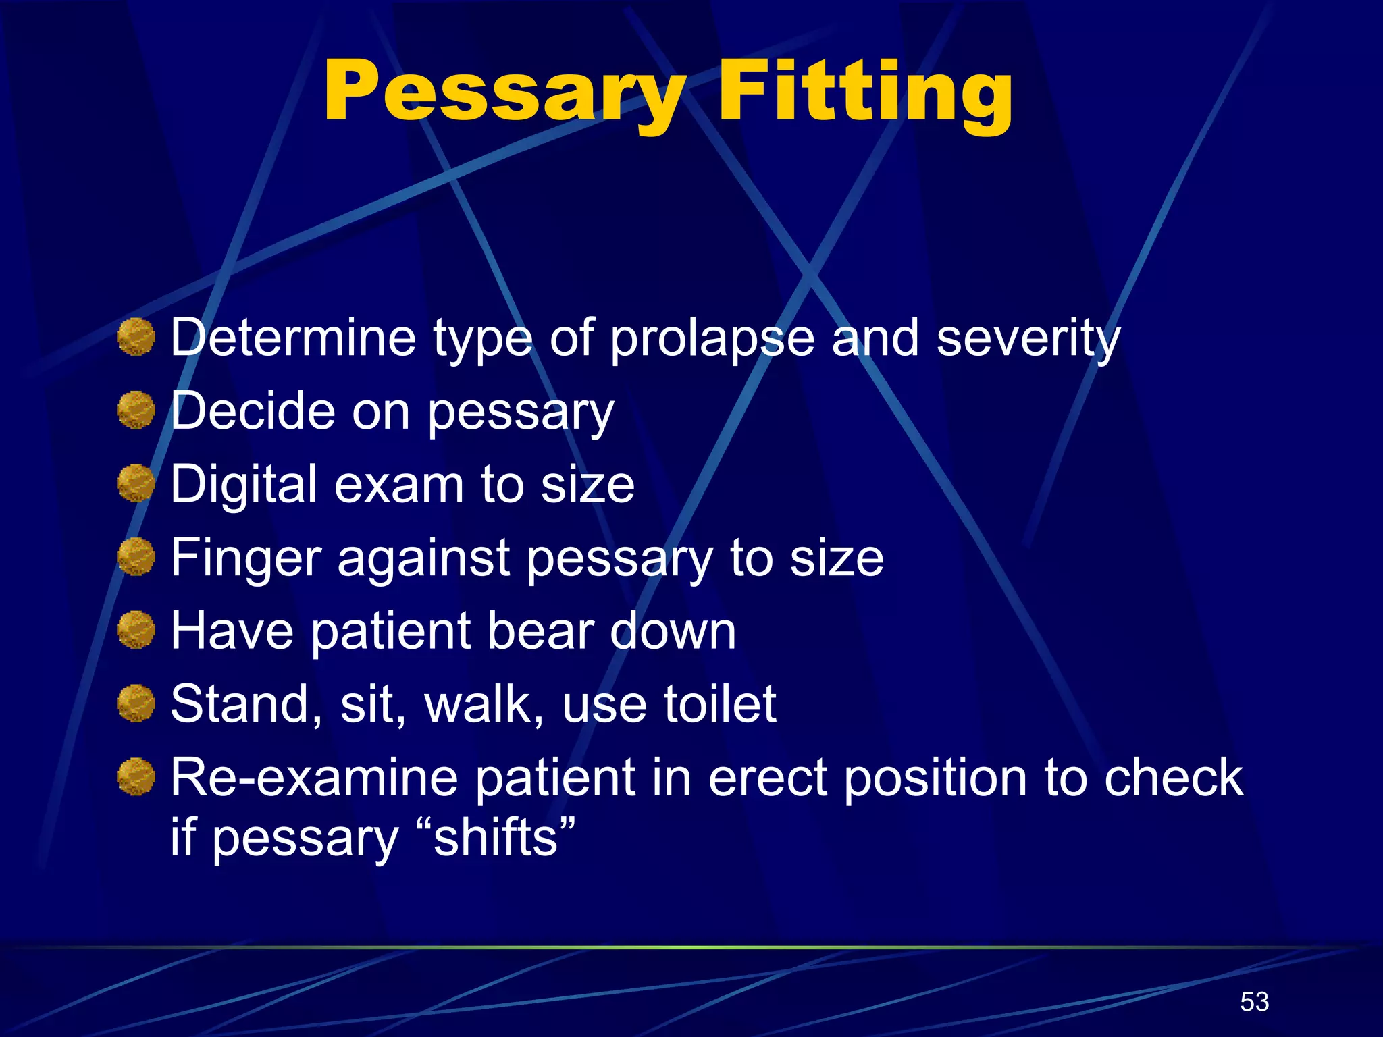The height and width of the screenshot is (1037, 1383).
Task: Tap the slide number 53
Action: pyautogui.click(x=1254, y=1002)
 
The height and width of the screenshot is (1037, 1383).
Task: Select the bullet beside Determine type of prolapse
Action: pyautogui.click(x=136, y=337)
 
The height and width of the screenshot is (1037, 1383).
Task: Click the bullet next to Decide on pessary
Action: pyautogui.click(x=136, y=410)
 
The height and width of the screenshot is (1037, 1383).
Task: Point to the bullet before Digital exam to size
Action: pyautogui.click(x=136, y=483)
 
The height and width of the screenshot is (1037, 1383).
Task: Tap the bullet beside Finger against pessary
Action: pyautogui.click(x=136, y=557)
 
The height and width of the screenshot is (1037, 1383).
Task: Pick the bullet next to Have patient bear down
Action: pyautogui.click(x=136, y=631)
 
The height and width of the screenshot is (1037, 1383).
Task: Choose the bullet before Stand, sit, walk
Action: pyautogui.click(x=136, y=703)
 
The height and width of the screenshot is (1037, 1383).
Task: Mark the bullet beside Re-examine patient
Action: pyautogui.click(x=136, y=777)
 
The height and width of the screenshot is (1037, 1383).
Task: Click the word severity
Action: pyautogui.click(x=1028, y=338)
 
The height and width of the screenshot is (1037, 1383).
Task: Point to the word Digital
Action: pyautogui.click(x=244, y=485)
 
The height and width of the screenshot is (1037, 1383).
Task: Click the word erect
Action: pyautogui.click(x=768, y=778)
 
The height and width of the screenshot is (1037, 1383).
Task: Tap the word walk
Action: pyautogui.click(x=484, y=704)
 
